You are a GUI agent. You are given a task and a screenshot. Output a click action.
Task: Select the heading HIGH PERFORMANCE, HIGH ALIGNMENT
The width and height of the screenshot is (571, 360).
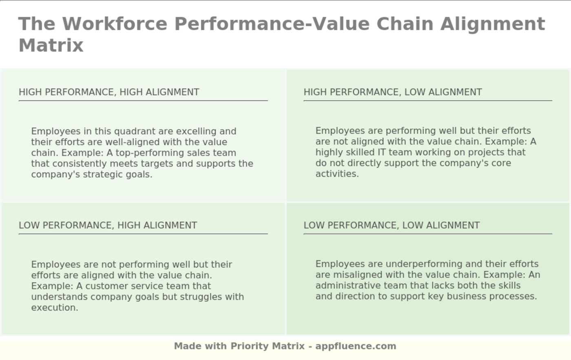(x=109, y=92)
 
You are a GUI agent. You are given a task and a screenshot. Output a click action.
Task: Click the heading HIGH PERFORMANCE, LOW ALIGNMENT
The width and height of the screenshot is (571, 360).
(x=393, y=92)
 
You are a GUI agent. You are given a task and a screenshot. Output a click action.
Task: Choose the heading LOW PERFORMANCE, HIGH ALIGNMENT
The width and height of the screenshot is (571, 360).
(x=108, y=225)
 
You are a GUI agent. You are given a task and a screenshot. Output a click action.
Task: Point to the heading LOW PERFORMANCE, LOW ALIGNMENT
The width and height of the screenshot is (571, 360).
(x=392, y=225)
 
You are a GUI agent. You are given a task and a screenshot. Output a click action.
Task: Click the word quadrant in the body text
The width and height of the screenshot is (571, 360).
(x=135, y=131)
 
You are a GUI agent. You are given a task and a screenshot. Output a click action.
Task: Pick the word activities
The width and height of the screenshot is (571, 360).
(x=337, y=174)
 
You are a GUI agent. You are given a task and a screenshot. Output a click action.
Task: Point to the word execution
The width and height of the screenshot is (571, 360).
(x=55, y=308)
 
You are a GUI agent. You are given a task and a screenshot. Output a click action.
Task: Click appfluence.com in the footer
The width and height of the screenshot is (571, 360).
(x=356, y=347)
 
